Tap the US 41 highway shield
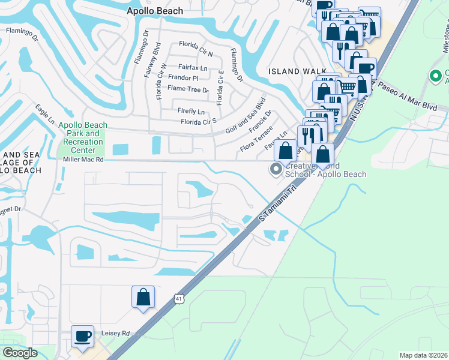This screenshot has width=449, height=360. [x=179, y=298]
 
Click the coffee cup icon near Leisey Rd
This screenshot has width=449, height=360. [x=83, y=337]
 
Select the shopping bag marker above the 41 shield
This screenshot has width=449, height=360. [x=143, y=297]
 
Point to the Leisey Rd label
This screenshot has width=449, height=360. [x=118, y=333]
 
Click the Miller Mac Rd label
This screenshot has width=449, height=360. [x=83, y=160]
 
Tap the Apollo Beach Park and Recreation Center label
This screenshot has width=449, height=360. [x=83, y=137]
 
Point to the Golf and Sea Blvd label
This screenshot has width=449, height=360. [x=246, y=118]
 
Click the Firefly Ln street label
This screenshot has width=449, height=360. [x=191, y=112]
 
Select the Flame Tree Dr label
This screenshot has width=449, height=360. [x=188, y=89]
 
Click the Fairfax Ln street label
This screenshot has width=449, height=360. [x=192, y=67]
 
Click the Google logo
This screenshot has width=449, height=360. [x=20, y=353]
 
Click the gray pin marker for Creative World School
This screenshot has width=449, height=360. [x=276, y=170]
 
